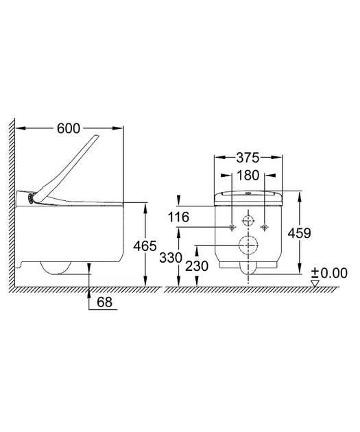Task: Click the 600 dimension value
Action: pos(69,128)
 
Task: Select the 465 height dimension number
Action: pos(145,245)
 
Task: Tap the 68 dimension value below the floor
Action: pos(105,302)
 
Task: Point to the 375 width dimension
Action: pos(248,158)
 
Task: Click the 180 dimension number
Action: pos(248,176)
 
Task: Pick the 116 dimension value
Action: pos(178,217)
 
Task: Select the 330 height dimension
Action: pos(171,258)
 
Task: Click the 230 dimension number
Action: pos(197,266)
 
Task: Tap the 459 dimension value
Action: pos(300,233)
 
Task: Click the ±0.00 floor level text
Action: pos(329,273)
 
